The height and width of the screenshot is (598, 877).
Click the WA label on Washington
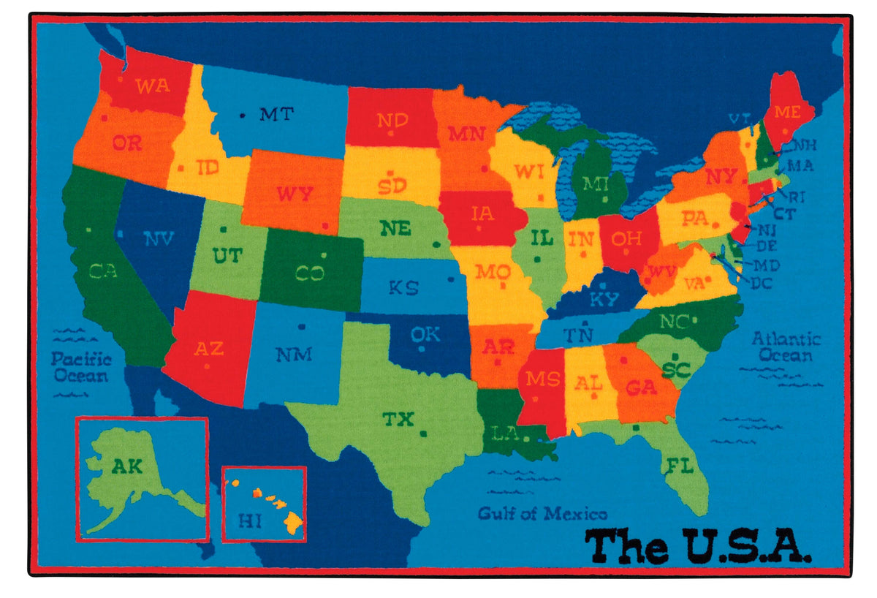tap(153, 85)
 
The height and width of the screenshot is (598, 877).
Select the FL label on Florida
tap(678, 466)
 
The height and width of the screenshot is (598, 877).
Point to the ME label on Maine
tap(787, 112)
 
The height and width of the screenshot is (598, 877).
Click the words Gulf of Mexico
tap(542, 513)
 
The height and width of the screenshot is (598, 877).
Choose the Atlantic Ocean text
tap(786, 347)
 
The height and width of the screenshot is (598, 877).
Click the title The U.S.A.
tap(698, 545)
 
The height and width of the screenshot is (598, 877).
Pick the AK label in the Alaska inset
tap(127, 466)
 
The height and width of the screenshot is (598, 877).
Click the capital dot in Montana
tap(243, 115)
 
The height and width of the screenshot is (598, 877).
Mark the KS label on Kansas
tap(403, 287)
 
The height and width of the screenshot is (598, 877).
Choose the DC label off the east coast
tap(762, 283)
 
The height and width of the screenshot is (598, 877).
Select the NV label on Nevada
tap(158, 238)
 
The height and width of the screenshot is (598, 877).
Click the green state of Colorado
tap(310, 272)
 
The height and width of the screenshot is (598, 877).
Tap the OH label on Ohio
tap(626, 238)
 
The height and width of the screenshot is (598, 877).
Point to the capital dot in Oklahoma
tap(421, 348)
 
